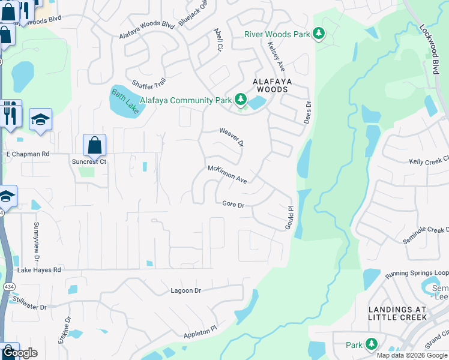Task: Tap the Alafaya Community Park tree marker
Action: (x=241, y=99)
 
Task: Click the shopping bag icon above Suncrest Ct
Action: (x=94, y=145)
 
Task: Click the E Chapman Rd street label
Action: (x=27, y=154)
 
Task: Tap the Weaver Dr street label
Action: (x=232, y=137)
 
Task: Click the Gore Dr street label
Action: (x=234, y=205)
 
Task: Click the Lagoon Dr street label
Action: (x=184, y=290)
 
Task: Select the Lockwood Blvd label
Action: (x=430, y=40)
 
